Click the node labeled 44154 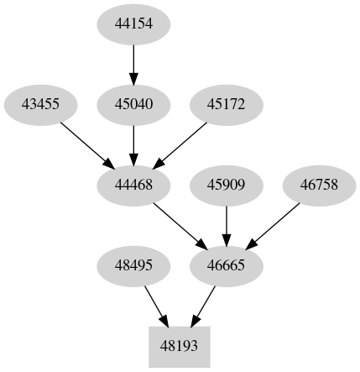pyautogui.click(x=133, y=25)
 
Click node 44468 pyautogui.click(x=133, y=185)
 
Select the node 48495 pyautogui.click(x=133, y=265)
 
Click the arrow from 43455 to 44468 pyautogui.click(x=85, y=143)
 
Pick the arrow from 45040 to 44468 pyautogui.click(x=133, y=144)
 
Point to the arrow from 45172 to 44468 pyautogui.click(x=181, y=144)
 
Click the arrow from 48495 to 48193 pyautogui.click(x=155, y=305)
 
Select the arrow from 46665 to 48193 pyautogui.click(x=204, y=305)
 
